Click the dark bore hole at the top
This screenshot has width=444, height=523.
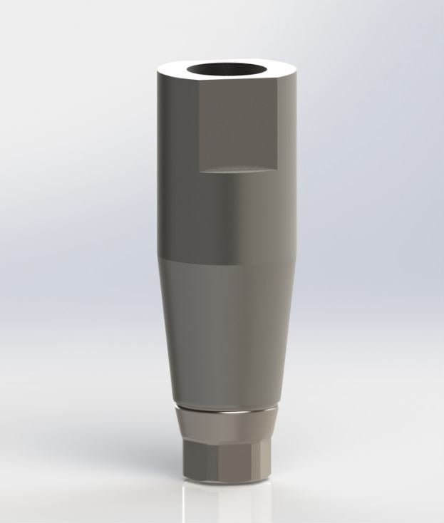tap(229, 72)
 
